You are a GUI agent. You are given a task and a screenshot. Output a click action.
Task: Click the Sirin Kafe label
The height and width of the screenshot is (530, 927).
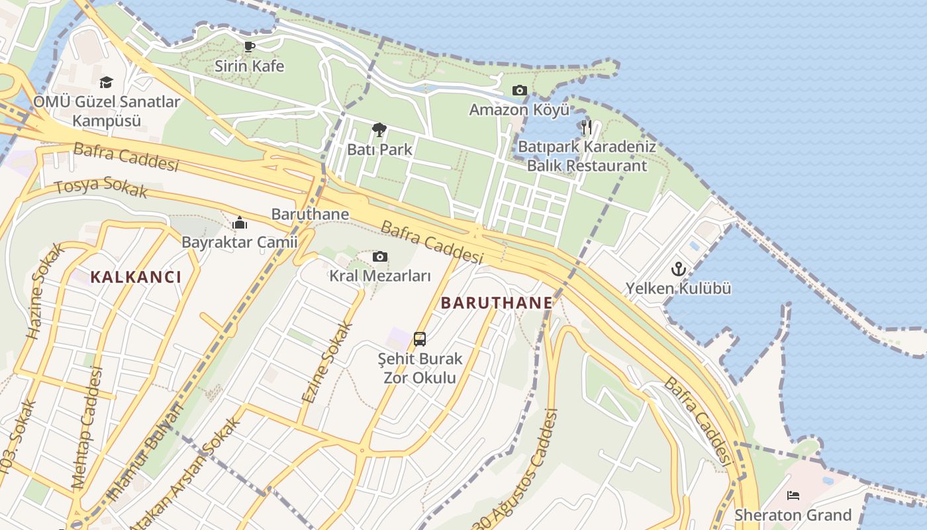pos(249,66)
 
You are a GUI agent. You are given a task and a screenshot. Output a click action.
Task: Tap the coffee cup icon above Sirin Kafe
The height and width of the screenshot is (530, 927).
pos(249,46)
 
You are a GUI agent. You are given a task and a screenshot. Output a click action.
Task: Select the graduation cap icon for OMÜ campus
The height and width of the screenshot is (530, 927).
pos(106,83)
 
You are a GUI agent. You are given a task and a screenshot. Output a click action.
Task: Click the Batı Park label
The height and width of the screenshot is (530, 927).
pos(379,149)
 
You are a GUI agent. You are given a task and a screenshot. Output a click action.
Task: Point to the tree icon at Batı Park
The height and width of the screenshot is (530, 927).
pos(379,129)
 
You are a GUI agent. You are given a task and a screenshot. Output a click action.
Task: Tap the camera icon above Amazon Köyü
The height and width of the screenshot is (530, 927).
pos(519,90)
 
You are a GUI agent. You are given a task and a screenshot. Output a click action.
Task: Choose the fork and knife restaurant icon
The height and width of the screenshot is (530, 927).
pos(586,127)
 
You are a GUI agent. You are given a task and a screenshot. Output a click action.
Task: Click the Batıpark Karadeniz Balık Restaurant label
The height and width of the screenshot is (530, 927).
pos(587,156)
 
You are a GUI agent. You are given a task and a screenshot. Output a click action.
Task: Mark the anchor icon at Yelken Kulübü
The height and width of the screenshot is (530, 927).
pos(678,269)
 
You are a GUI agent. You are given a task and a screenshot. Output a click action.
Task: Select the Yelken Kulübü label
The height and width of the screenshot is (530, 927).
pos(679,288)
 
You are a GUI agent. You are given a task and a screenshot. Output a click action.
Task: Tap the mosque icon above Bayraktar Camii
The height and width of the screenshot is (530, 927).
pos(240,223)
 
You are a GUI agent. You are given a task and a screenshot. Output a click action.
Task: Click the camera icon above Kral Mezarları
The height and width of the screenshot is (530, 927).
pos(379,256)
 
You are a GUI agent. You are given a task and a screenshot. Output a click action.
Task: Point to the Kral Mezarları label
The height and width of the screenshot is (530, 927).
pos(380,276)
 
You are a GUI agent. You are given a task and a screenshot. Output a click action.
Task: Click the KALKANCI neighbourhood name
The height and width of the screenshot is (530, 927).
pos(135,277)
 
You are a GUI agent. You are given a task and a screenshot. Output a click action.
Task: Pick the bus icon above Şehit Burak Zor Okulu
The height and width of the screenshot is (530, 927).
pos(420,339)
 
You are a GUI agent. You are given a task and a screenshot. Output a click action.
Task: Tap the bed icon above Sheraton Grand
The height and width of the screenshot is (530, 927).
pos(793,496)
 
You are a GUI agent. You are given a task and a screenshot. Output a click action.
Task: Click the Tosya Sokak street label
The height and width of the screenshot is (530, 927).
pos(101,187)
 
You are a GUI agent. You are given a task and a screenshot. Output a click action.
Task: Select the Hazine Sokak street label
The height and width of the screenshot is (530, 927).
pos(45,291)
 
